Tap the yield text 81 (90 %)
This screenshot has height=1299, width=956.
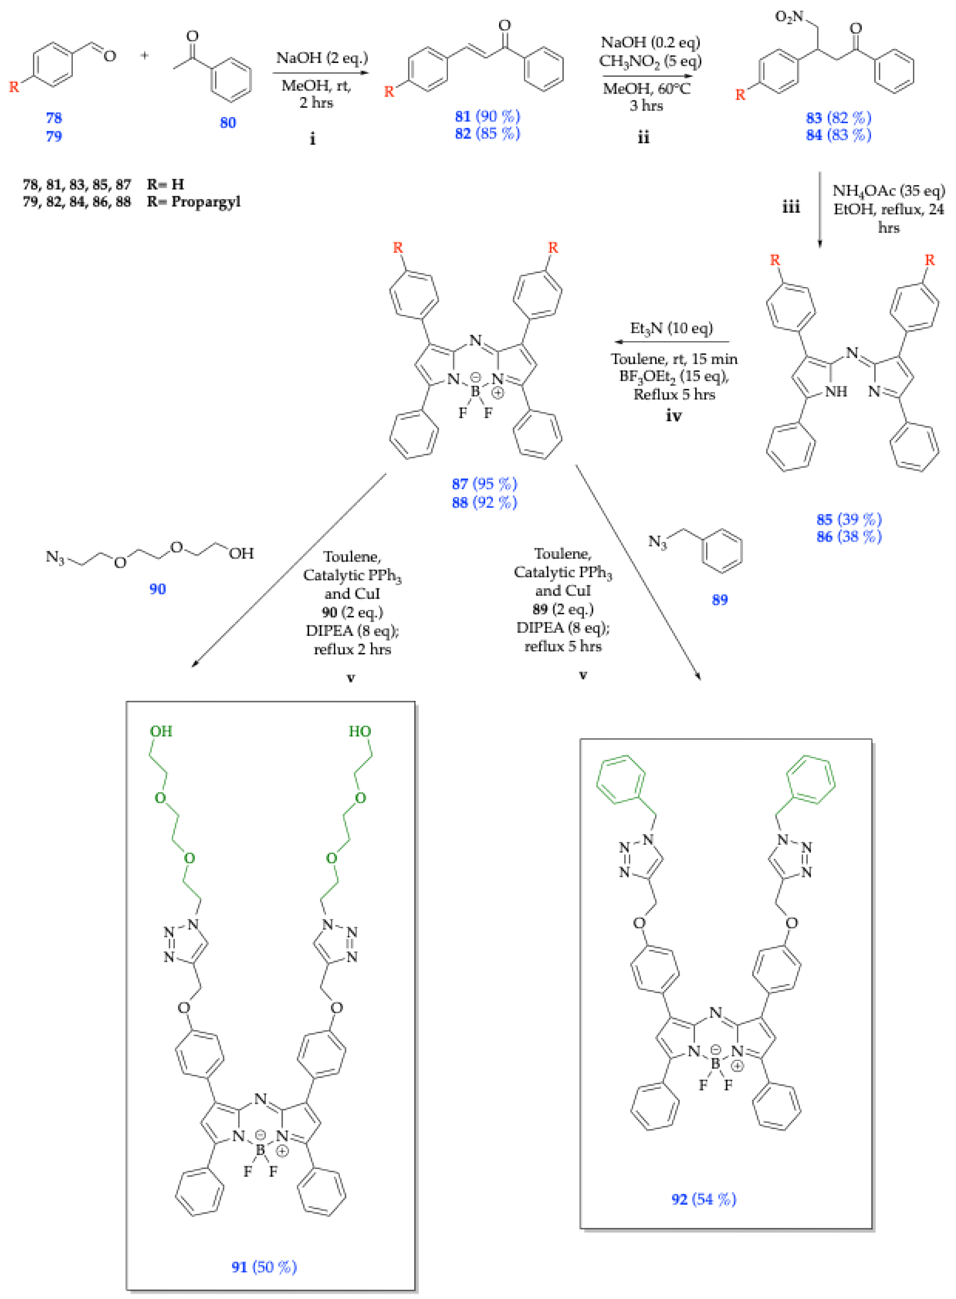[487, 116]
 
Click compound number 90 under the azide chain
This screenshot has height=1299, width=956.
[158, 589]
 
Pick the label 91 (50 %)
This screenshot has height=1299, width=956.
[264, 1267]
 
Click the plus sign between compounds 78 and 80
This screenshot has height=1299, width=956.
[145, 55]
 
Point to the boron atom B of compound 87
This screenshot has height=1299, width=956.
[475, 391]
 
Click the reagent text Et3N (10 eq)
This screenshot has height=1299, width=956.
[671, 328]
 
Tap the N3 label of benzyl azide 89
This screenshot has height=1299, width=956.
[657, 542]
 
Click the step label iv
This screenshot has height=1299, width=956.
[674, 415]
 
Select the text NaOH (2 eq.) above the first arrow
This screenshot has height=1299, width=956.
[322, 58]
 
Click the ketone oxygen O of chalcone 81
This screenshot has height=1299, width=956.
[505, 25]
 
